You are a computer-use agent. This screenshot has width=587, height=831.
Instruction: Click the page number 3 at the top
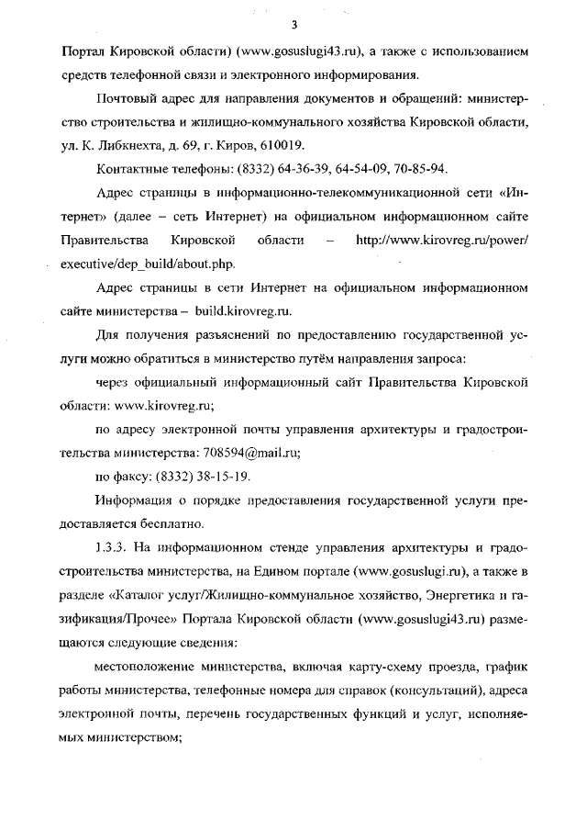coord(293,24)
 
